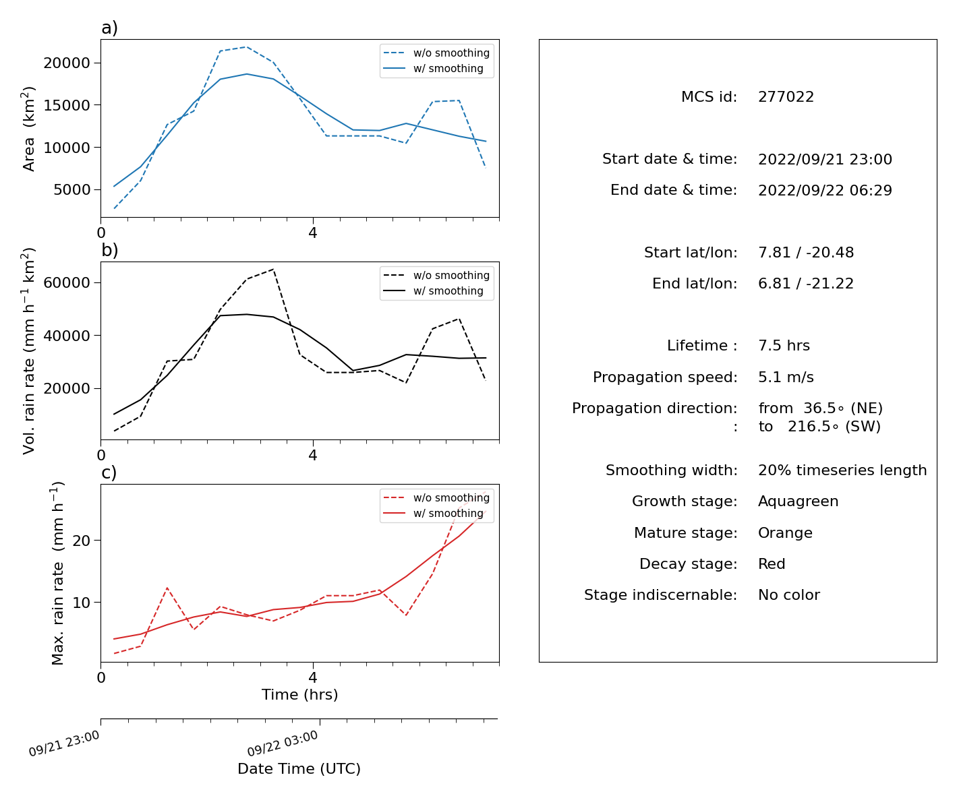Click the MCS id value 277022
[x=786, y=96]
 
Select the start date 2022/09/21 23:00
[x=825, y=159]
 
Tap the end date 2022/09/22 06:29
[x=825, y=190]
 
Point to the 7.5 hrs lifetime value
[x=784, y=345]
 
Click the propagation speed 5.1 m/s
[x=786, y=377]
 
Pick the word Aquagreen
[x=798, y=501]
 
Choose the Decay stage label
[x=688, y=563]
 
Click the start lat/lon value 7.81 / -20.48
[x=806, y=252]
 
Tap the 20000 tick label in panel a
[x=67, y=63]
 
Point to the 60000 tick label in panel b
[x=67, y=282]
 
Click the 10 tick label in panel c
[x=81, y=603]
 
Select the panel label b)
[x=109, y=250]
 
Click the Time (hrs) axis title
[x=299, y=694]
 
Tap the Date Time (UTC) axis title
[x=299, y=768]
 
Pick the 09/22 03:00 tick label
[x=283, y=743]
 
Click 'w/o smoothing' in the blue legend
[x=451, y=53]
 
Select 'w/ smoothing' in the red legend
[x=448, y=513]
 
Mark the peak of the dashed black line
[x=273, y=270]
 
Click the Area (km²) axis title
[x=28, y=129]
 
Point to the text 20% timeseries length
[x=842, y=470]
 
